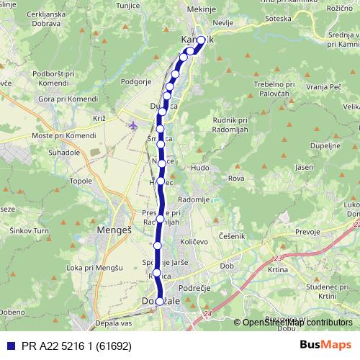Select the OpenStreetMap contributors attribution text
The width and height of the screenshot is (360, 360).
pyautogui.click(x=297, y=323)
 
